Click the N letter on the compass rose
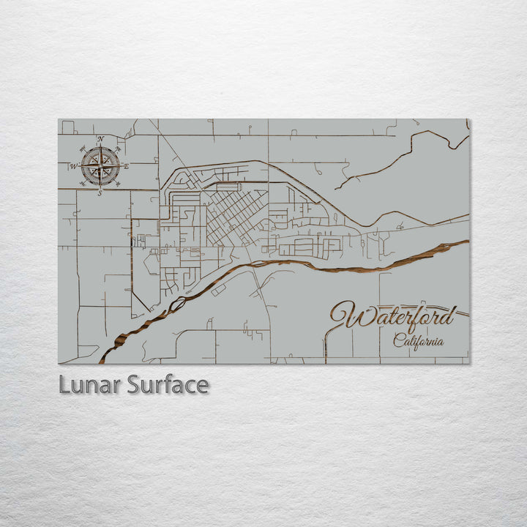point(101,139)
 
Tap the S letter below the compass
point(100,193)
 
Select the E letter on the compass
point(126,166)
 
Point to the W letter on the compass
point(73,166)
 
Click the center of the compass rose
point(100,166)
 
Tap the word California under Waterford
point(418,341)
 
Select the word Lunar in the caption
point(90,385)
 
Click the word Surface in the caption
point(168,385)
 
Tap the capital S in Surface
point(133,385)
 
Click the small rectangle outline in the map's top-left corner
point(67,127)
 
